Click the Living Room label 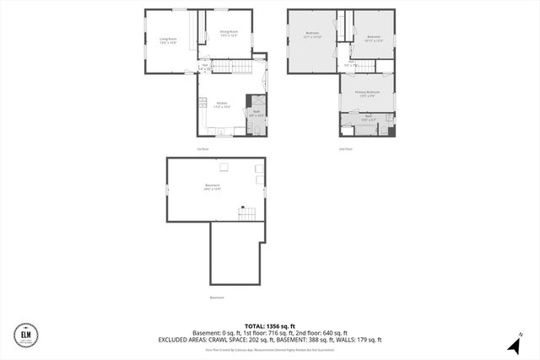coord(168,40)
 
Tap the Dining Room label coord(229,34)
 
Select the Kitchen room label coord(222,105)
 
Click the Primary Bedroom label coord(367,94)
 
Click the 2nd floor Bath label coord(368,120)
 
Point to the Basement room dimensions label coord(213,189)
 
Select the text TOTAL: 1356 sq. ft coord(270,325)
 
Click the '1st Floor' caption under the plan coord(202,149)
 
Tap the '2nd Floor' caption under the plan coord(346,149)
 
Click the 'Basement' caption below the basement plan coord(217,298)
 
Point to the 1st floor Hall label coord(205,66)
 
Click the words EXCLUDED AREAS coord(185,340)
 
